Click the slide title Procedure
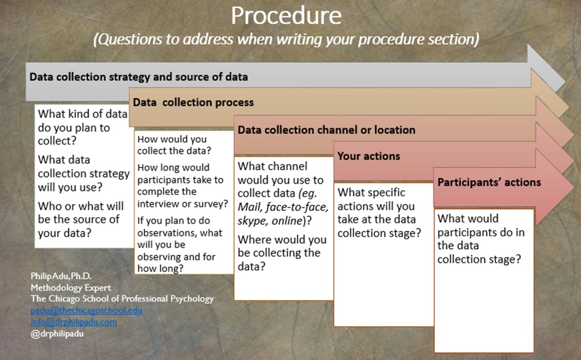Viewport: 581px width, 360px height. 286,15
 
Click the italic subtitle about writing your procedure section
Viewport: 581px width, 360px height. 286,39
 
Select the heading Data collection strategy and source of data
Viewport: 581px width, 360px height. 139,76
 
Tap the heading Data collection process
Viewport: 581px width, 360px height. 193,103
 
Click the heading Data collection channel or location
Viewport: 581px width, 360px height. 326,130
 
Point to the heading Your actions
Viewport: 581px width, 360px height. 368,156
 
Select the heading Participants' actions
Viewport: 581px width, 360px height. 489,182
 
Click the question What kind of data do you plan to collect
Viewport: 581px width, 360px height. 82,128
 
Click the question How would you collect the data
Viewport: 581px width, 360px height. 176,145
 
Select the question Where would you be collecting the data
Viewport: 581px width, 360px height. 282,253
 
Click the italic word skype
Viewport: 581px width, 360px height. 250,220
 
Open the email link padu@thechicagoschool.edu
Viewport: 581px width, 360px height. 86,310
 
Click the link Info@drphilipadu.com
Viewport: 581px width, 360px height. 74,321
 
